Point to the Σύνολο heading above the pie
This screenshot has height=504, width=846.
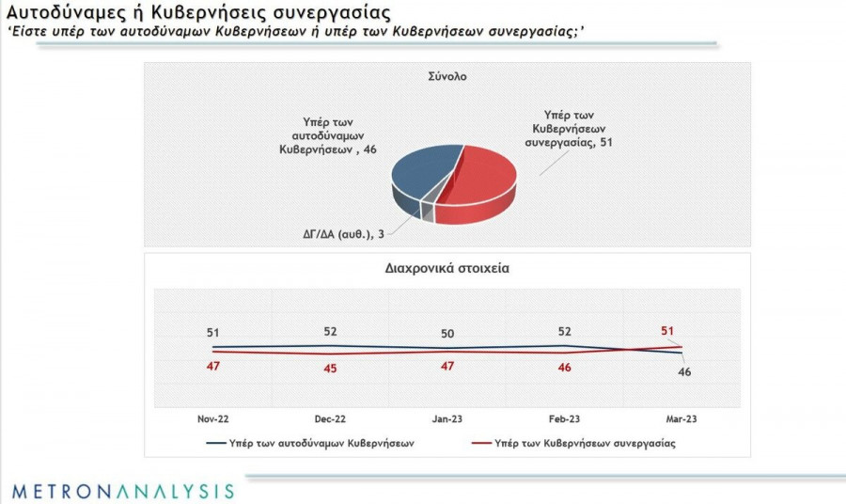coord(446,77)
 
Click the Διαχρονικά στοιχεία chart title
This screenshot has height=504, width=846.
coord(446,268)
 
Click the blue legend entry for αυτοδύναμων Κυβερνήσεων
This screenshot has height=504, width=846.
coord(310,441)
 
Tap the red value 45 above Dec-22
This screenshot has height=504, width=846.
coord(330,369)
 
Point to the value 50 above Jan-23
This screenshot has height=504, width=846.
coord(447,334)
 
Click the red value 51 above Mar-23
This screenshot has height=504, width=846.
coord(667,330)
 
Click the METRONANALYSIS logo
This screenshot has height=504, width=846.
coord(122,490)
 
